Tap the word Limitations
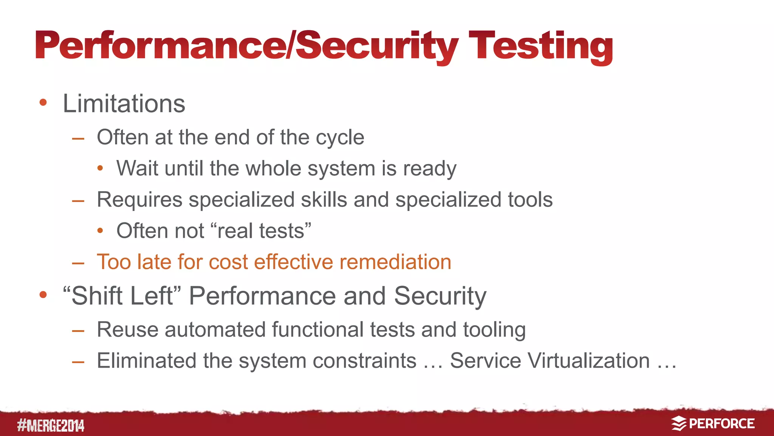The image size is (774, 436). [x=124, y=103]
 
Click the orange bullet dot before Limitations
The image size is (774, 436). [x=43, y=102]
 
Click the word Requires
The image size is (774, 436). [x=139, y=200]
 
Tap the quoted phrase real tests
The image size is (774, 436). [x=261, y=231]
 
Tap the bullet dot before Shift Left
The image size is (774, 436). [x=43, y=295]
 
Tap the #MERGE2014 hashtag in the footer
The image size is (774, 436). [x=51, y=425]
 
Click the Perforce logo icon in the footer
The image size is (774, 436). [x=679, y=424]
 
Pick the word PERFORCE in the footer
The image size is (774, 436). [x=721, y=424]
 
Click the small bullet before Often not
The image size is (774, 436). [x=100, y=231]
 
